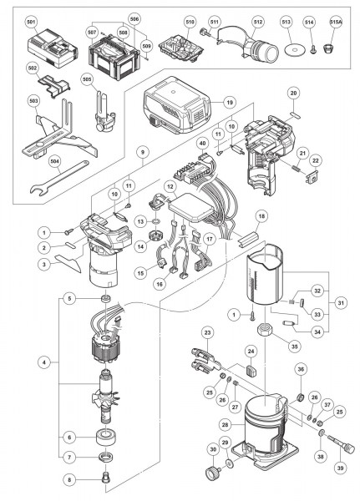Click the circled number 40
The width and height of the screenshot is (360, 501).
[202, 144]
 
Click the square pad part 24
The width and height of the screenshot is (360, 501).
[250, 376]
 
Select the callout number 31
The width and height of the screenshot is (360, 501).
[341, 301]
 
